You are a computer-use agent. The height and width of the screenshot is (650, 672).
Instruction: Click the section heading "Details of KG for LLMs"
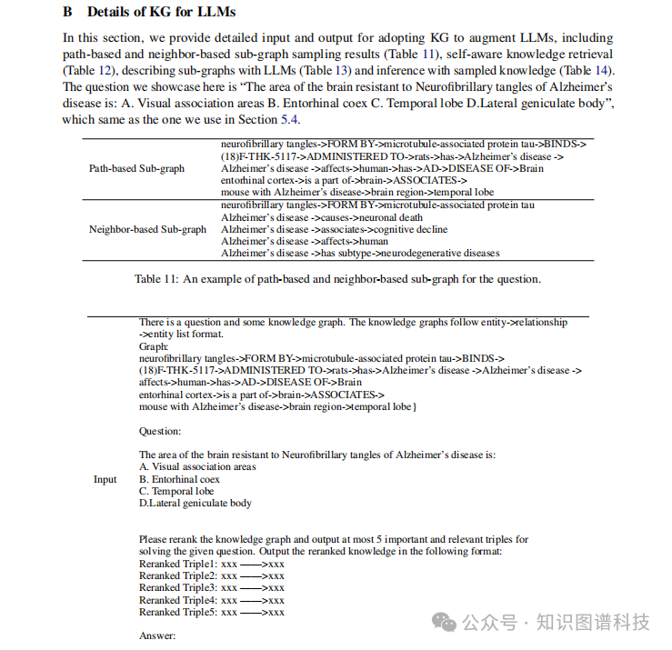(161, 13)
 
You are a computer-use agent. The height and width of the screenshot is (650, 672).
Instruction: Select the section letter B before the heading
(67, 13)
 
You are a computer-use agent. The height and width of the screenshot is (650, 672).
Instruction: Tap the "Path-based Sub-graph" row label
(136, 168)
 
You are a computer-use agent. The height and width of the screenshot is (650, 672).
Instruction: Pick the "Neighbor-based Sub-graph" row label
(147, 229)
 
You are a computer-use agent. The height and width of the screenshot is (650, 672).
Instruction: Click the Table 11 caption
(337, 279)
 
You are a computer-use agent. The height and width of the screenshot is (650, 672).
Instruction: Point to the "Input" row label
(105, 479)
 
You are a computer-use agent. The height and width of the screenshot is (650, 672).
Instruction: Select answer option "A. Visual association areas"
(197, 467)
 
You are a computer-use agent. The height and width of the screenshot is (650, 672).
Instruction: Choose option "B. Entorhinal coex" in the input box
(179, 479)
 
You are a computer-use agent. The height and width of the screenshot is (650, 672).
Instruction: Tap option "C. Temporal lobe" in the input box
(176, 491)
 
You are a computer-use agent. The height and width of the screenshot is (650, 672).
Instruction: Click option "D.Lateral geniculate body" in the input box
(196, 503)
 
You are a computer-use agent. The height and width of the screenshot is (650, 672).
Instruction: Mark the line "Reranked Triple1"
(211, 564)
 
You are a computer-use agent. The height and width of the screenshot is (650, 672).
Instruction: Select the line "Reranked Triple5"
(211, 612)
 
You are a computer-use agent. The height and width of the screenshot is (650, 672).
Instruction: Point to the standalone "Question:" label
(159, 431)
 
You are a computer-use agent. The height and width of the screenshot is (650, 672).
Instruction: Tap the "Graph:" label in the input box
(154, 346)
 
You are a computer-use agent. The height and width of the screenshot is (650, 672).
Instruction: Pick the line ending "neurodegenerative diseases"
(360, 253)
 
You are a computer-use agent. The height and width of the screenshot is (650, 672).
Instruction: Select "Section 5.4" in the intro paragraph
(272, 120)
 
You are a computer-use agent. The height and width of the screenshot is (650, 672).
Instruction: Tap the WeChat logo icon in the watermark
(444, 622)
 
